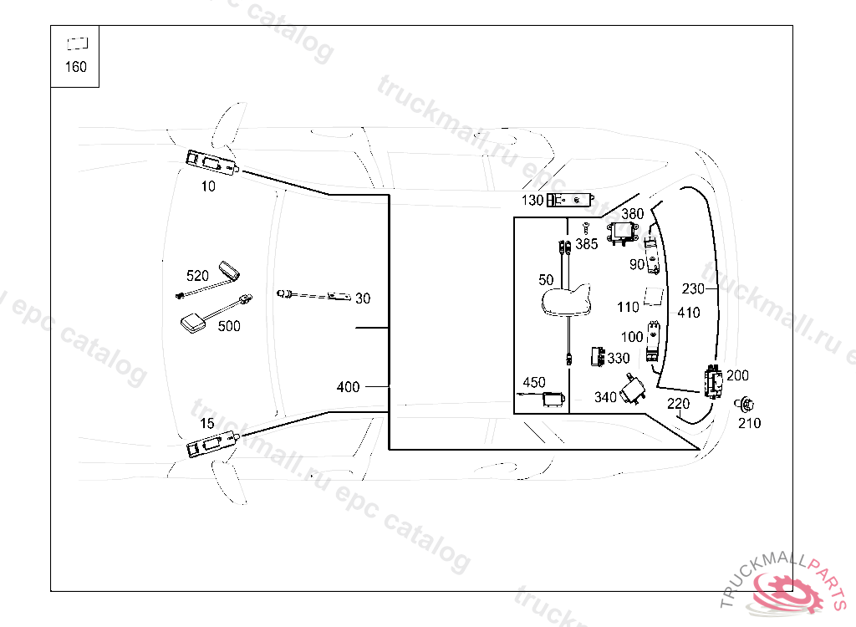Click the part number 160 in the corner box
(75, 67)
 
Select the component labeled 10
(211, 161)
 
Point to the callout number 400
(348, 387)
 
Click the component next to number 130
(571, 200)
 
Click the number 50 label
(547, 278)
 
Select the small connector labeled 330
(598, 357)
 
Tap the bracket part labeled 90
(654, 256)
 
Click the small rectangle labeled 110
(654, 297)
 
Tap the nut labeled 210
(742, 405)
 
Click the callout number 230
(693, 289)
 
